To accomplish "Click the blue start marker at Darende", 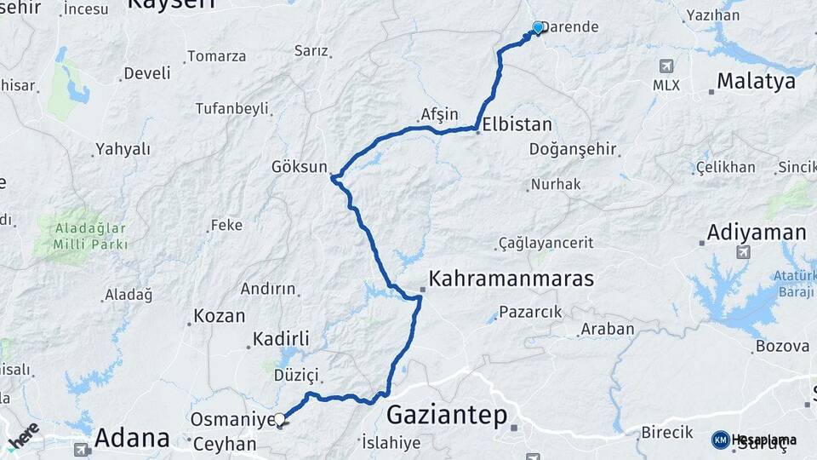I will coord(537,28).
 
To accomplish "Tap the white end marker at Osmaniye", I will coord(279,419).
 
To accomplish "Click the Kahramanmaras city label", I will coord(511,279).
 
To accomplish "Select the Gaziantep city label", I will coord(447,416).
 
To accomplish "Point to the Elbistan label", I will coord(517,124).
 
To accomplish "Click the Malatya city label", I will coord(756,81).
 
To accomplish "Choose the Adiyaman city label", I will coord(757,233).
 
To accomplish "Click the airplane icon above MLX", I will coord(666,66).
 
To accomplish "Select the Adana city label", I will coord(132,438).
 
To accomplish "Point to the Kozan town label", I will coord(220,315).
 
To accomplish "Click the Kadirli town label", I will coord(279,338).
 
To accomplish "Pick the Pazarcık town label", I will coord(530,312).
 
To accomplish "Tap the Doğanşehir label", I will coord(572,149).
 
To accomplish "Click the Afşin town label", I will coord(439,114).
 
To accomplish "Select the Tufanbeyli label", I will coord(231,108).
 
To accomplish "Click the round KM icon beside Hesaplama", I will coord(720,440).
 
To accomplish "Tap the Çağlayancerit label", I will coord(546,243).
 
